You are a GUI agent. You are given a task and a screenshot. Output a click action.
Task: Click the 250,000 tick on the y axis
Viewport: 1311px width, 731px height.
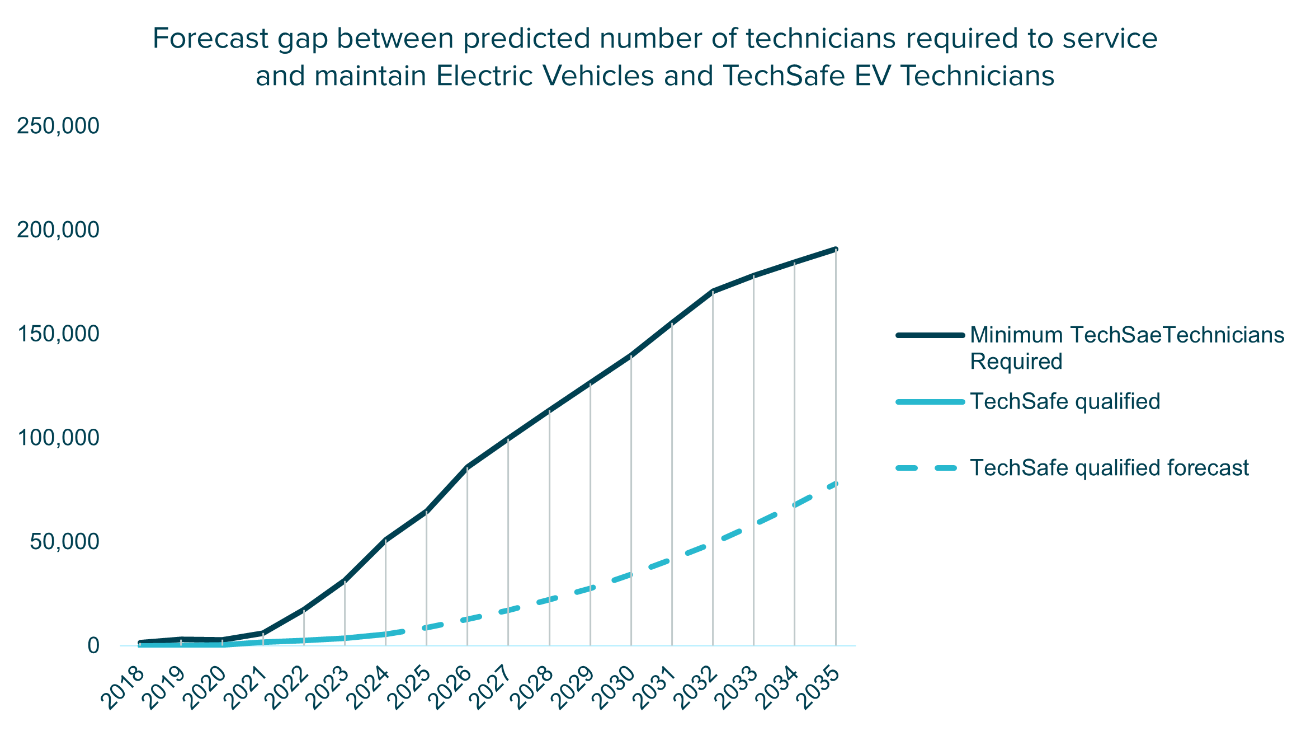click(58, 126)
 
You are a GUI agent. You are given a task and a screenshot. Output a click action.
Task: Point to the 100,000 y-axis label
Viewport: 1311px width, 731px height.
click(58, 438)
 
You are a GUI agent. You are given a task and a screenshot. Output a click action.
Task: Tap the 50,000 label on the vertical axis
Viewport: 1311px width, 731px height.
click(65, 542)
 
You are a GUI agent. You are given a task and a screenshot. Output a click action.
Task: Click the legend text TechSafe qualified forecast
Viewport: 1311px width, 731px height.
click(1109, 467)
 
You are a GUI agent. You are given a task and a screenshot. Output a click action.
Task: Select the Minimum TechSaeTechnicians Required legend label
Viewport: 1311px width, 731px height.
click(1126, 348)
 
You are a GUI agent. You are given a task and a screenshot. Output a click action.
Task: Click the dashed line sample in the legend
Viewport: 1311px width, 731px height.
click(930, 467)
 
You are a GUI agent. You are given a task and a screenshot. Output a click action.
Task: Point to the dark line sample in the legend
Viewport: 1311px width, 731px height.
click(930, 335)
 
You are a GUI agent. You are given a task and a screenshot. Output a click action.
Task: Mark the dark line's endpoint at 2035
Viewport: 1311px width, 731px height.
click(836, 249)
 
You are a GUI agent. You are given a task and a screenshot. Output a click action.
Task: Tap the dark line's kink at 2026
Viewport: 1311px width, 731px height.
click(467, 467)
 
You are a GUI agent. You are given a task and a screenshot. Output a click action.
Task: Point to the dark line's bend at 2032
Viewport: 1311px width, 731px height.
click(713, 291)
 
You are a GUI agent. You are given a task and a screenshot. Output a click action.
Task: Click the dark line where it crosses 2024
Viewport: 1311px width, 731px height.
click(386, 540)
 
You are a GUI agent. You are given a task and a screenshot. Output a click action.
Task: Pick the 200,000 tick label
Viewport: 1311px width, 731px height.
click(58, 229)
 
